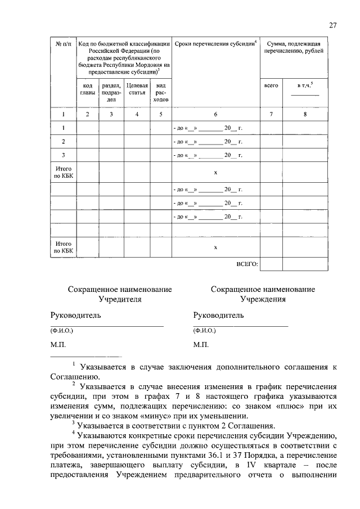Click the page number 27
coord(332,25)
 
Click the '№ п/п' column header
coord(63,43)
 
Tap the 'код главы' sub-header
coord(87,89)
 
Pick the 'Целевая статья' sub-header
coord(137,89)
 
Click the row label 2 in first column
coord(63,141)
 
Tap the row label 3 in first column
coord(63,155)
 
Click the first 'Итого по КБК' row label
coord(63,172)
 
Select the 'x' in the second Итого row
coord(215,247)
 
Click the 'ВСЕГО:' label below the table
coord(246,263)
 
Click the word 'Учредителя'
coord(120,299)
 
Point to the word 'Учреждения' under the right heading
coord(263,299)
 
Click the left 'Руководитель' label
coord(76,315)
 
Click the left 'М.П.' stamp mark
coord(59,344)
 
